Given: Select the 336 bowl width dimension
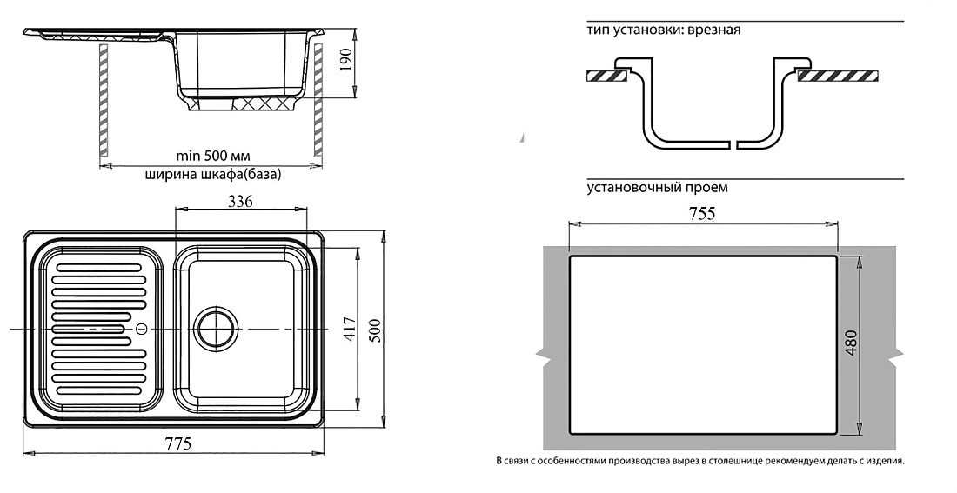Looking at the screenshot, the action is [x=240, y=202].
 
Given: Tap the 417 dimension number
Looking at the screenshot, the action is [x=349, y=329].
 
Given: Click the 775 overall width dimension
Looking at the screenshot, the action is [x=176, y=443].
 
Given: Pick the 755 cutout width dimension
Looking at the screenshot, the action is [x=701, y=214].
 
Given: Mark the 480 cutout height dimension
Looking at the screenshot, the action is [x=852, y=343].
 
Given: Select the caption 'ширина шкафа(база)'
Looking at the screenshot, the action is [x=213, y=175].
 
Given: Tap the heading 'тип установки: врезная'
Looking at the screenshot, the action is [x=664, y=30].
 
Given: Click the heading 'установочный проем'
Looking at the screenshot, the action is [x=658, y=187].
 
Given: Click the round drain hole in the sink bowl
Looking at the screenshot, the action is [x=216, y=329].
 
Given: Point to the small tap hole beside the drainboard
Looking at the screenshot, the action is [x=141, y=329].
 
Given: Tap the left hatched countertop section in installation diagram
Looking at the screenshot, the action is [x=606, y=77].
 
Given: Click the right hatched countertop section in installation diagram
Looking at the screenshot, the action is [x=838, y=77].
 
